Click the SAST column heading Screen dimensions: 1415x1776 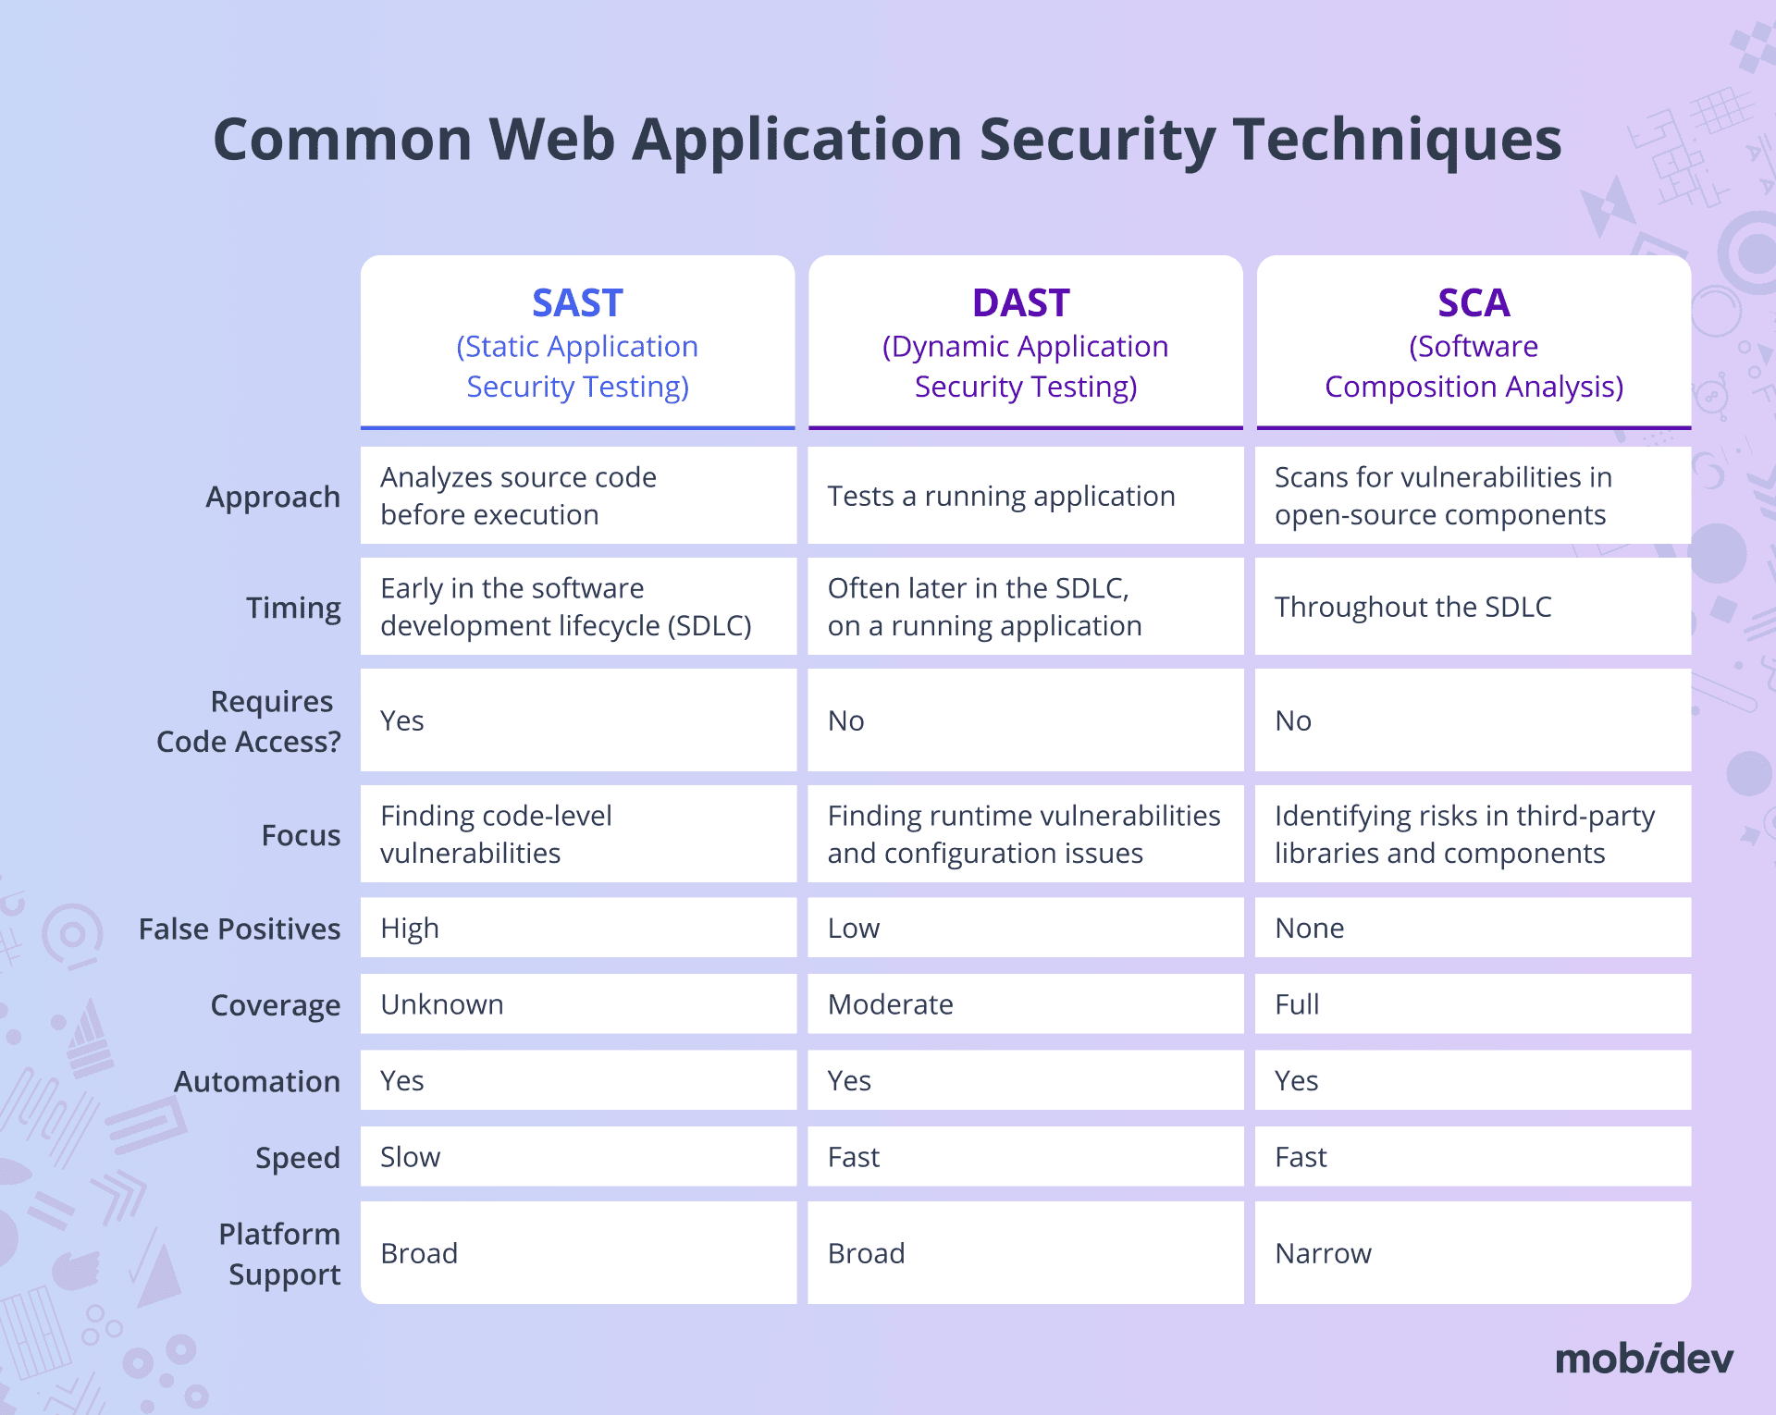coord(577,303)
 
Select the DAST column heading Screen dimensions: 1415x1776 coord(1021,303)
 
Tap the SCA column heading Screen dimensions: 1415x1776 coord(1474,303)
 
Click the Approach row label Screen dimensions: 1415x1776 coord(273,498)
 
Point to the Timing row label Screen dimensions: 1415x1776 coord(293,608)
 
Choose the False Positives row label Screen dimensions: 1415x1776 coord(240,929)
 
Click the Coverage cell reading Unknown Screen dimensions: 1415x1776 coord(442,1004)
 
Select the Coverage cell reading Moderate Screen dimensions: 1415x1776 coord(890,1004)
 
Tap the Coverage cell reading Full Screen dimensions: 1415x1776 coord(1297,1004)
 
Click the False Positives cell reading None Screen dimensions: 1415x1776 coord(1309,929)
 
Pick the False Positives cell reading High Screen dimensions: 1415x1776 coord(410,929)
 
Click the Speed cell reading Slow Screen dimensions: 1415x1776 coord(410,1157)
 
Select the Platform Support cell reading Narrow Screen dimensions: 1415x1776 coord(1323,1253)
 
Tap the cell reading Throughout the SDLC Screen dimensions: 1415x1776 coord(1412,607)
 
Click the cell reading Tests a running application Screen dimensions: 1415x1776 coord(1001,497)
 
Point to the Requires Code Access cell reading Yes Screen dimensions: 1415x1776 coord(402,720)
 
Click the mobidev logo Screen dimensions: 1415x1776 coord(1644,1359)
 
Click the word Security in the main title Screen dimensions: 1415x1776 coord(1097,140)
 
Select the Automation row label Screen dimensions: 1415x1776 coord(257,1081)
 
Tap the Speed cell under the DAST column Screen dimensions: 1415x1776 coord(854,1157)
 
